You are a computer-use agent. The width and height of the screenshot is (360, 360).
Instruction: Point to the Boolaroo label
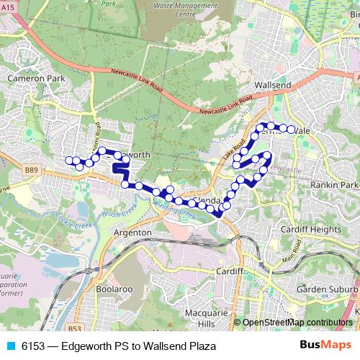[112, 289]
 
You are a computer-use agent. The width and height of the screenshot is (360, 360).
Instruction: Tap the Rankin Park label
[330, 184]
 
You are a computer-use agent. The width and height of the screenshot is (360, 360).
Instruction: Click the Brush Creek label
[120, 214]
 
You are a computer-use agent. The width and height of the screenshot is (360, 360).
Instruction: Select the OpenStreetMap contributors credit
[297, 323]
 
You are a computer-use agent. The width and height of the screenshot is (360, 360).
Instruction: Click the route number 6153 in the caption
[33, 346]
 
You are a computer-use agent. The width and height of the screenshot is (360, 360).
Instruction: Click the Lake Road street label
[235, 150]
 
